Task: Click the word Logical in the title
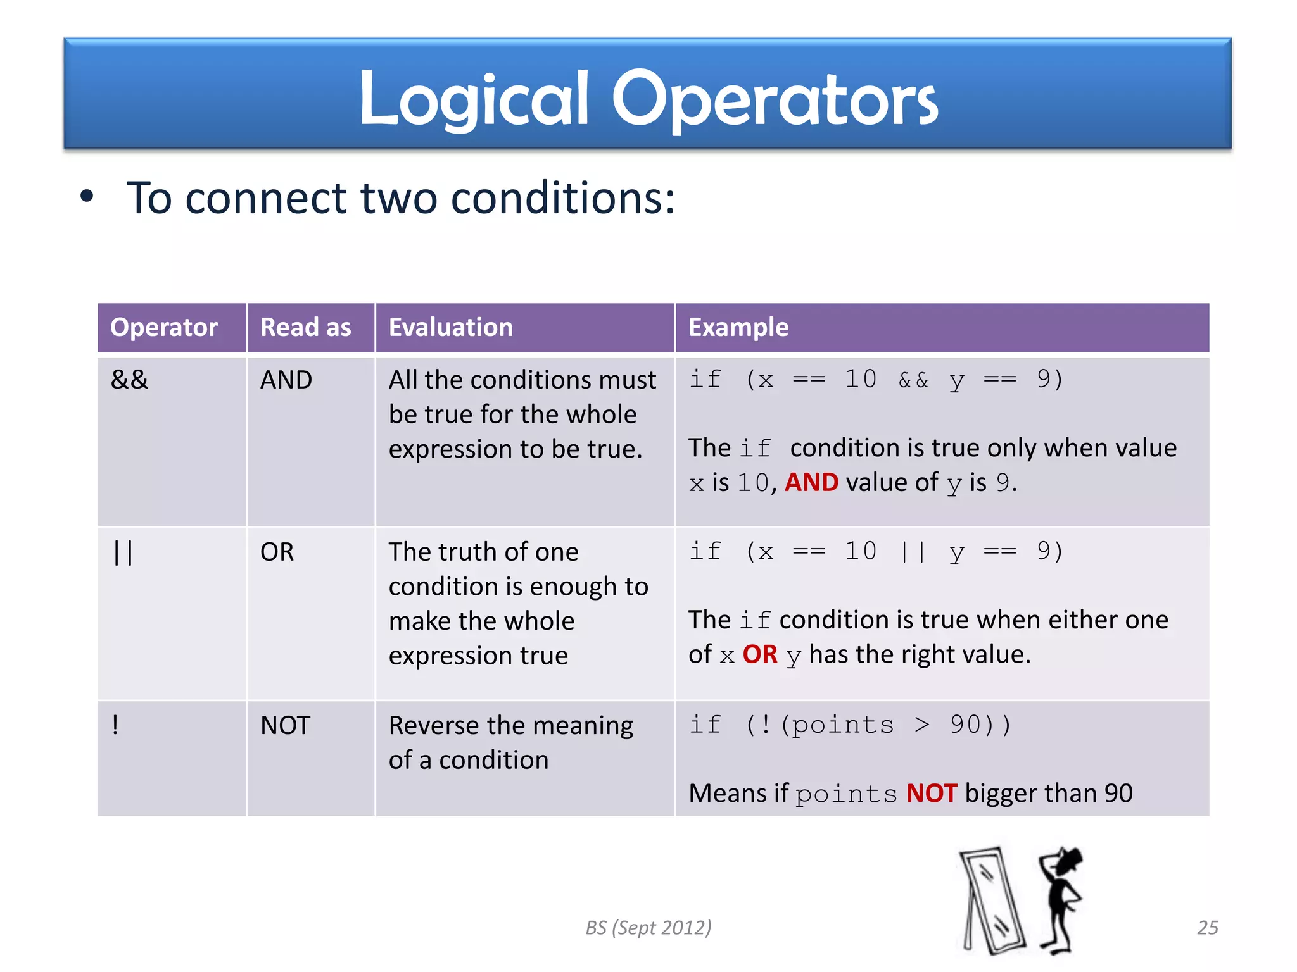coord(474,100)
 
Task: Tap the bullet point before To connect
coord(87,197)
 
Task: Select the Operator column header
coord(164,328)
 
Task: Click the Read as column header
coord(305,328)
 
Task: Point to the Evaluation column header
coord(450,328)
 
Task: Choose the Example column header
coord(738,328)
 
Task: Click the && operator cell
coord(129,380)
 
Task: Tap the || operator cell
coord(123,552)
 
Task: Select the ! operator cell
coord(115,725)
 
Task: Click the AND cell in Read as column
coord(286,380)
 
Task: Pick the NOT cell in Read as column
coord(285,725)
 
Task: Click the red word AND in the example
coord(811,483)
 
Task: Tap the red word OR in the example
coord(759,654)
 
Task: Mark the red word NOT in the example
coord(931,794)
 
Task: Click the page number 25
coord(1207,928)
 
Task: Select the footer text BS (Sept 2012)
coord(648,928)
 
